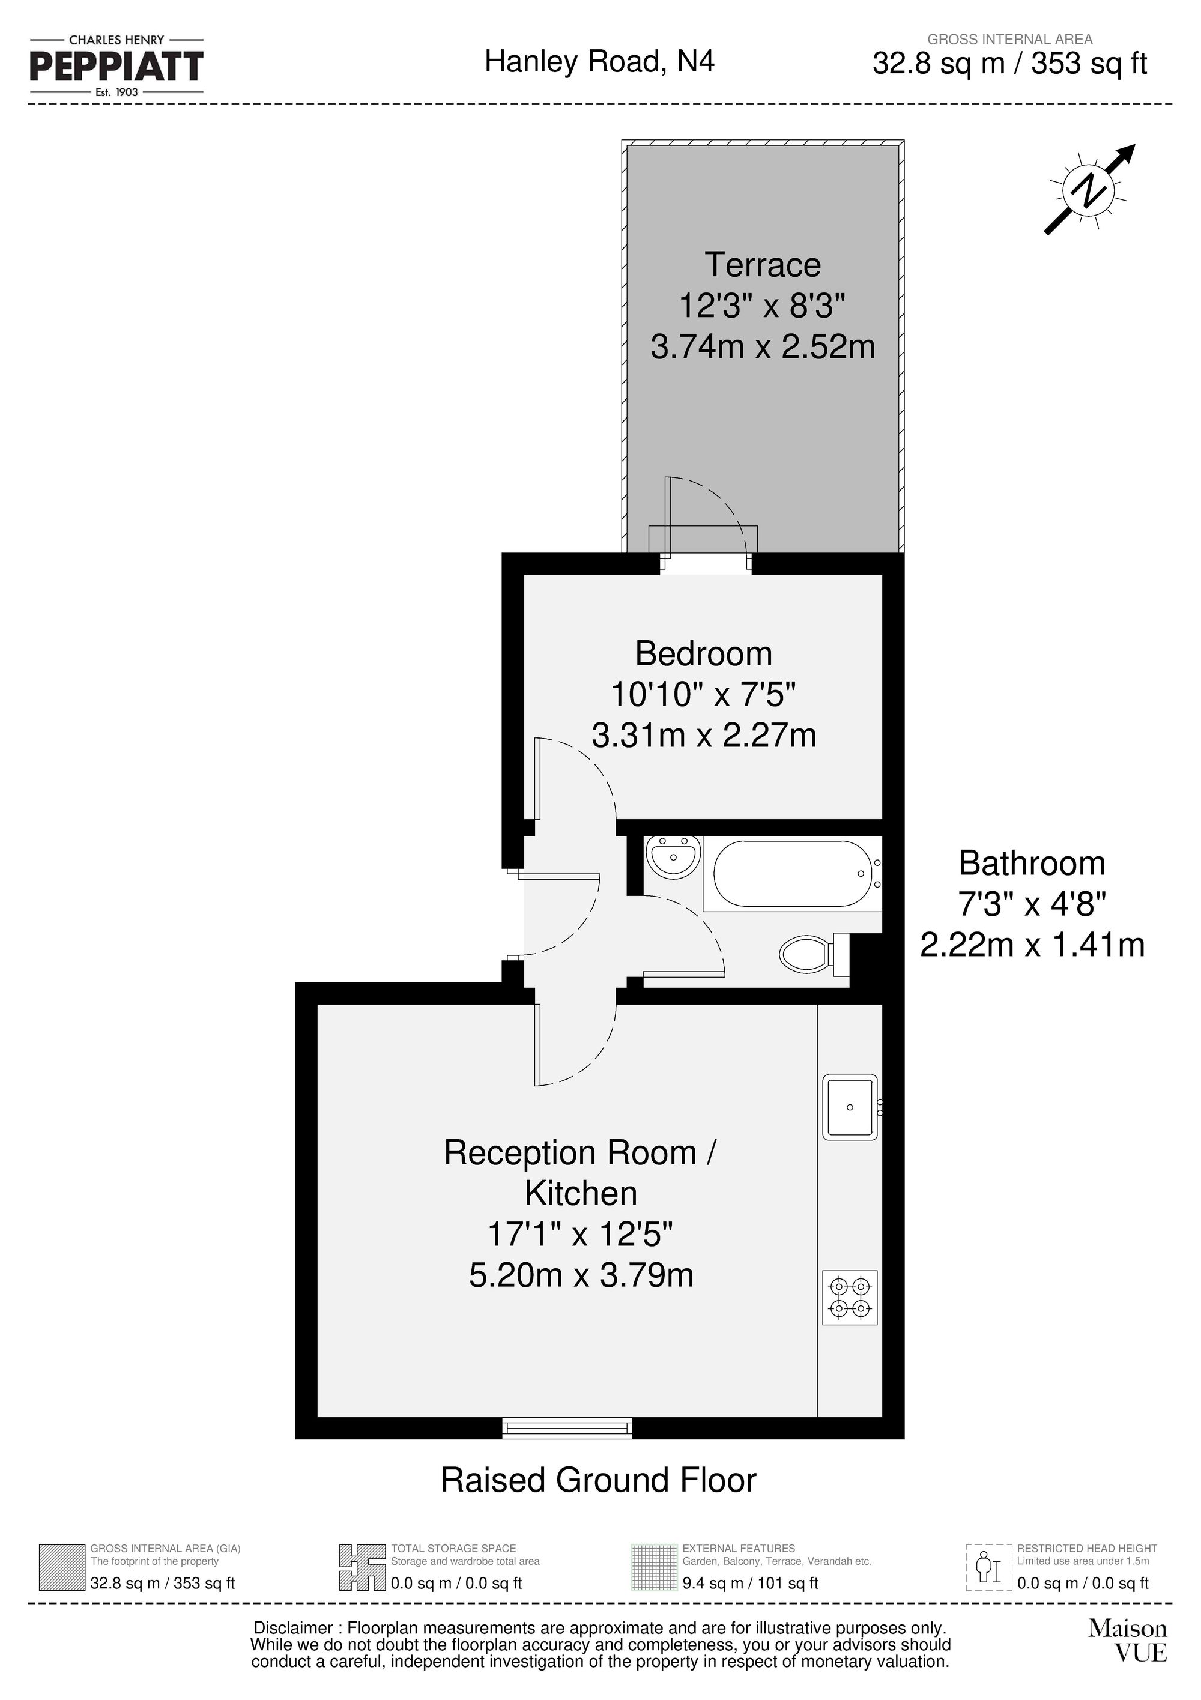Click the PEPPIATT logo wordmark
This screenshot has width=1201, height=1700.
pos(116,67)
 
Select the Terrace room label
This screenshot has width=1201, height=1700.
pos(762,265)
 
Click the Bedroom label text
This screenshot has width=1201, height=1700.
pos(703,654)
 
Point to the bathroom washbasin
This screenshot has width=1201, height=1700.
pos(673,858)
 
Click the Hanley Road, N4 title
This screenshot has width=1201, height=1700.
pos(599,61)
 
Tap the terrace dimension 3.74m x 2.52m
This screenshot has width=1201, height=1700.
pos(763,347)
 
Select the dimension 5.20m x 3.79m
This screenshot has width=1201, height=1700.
pos(581,1275)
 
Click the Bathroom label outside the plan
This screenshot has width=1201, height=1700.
pos(1032,864)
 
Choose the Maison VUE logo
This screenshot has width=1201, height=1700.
pos(1127,1640)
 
